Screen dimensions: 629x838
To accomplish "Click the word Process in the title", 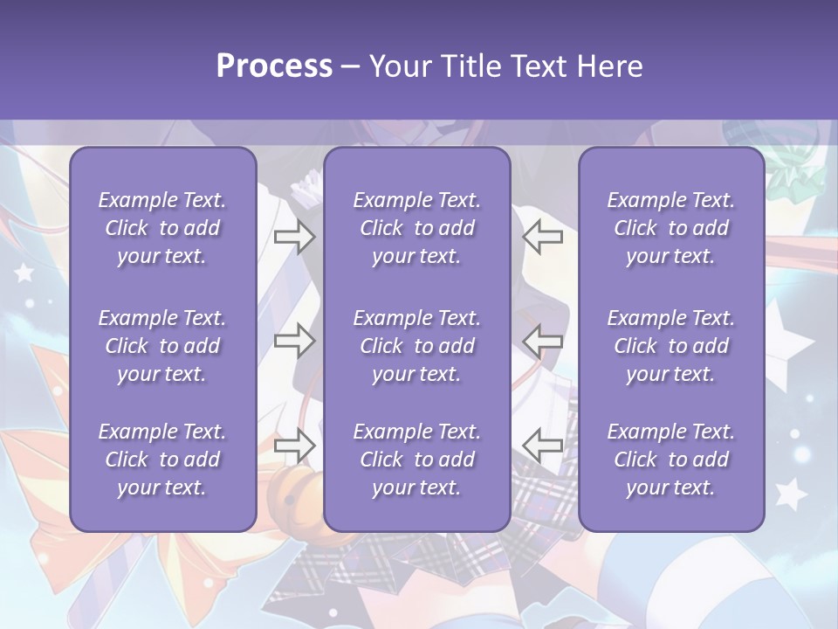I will [x=274, y=66].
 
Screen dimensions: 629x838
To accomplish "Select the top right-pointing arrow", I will [x=294, y=237].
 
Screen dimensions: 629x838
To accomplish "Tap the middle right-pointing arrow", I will [x=294, y=341].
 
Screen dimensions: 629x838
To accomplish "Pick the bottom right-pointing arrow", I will [x=294, y=445].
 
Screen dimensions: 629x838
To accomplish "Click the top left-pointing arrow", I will [x=543, y=237].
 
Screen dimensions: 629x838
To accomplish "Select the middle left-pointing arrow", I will [x=543, y=341].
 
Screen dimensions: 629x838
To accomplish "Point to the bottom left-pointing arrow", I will [x=543, y=445].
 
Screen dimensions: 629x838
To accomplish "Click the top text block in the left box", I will [x=162, y=228].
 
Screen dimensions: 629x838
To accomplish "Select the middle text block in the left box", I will [x=162, y=346].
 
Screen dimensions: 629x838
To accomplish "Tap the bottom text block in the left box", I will [x=162, y=460].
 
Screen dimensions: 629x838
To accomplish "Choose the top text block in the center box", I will [x=416, y=228].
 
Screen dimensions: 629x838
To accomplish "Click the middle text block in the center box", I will [x=416, y=346].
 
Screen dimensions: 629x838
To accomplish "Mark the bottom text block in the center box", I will [x=416, y=460].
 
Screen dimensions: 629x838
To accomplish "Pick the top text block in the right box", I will [x=670, y=228].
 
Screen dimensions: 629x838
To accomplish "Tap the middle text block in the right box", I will [x=670, y=346].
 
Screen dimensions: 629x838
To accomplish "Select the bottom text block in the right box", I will [x=670, y=460].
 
